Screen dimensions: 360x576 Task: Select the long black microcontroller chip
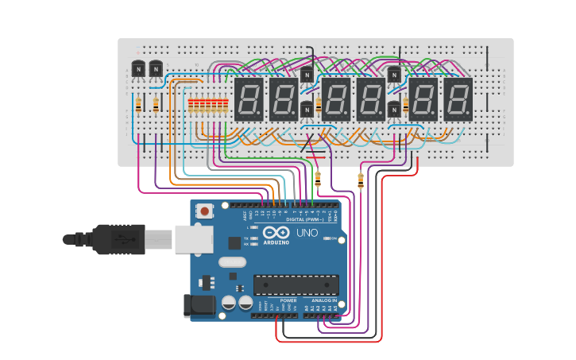[x=296, y=285]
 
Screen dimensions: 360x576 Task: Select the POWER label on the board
[x=288, y=300]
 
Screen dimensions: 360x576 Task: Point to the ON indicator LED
[x=325, y=238]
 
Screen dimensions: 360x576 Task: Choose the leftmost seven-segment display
[x=248, y=99]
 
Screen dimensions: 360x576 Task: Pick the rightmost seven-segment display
[x=458, y=99]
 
